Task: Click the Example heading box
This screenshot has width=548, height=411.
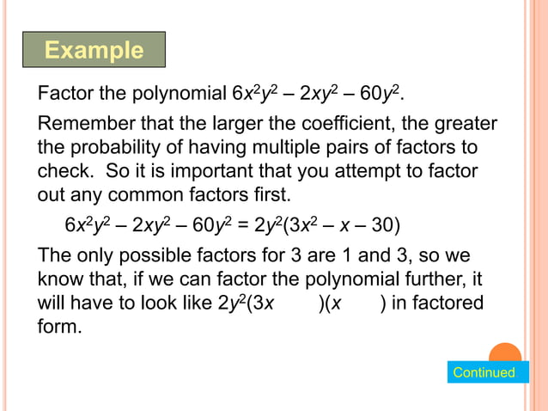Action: [94, 50]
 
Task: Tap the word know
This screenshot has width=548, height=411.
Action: [58, 280]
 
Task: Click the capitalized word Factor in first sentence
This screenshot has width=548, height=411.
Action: [64, 91]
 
